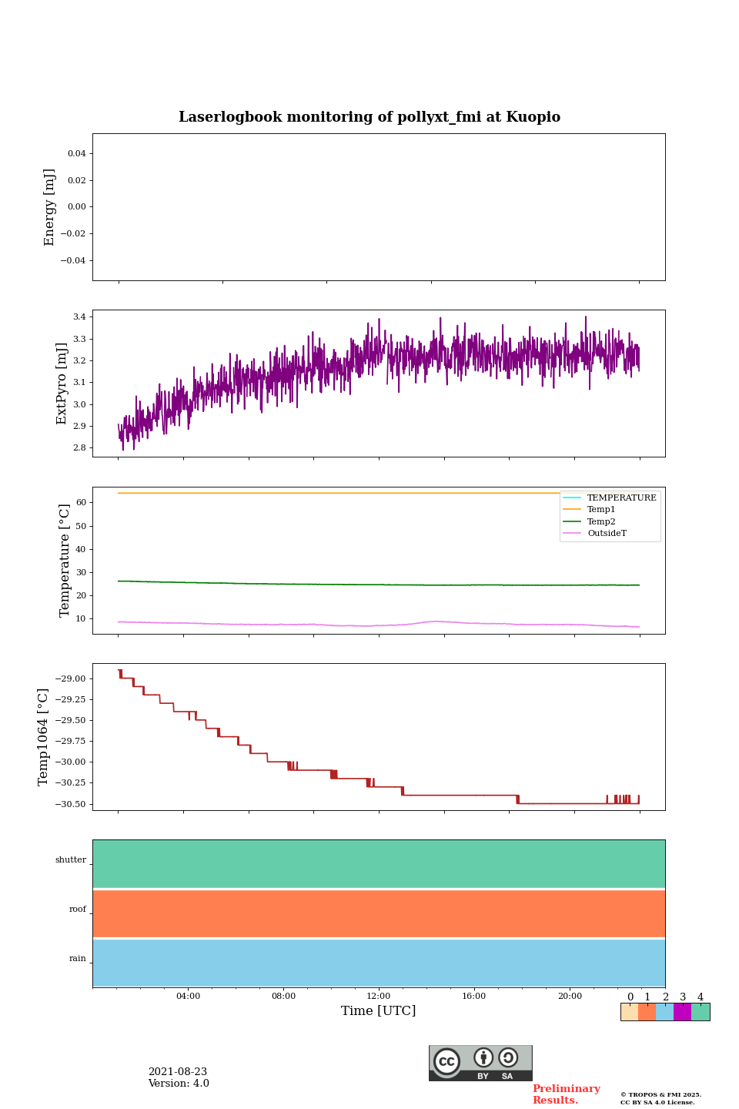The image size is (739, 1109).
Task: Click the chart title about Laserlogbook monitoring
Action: (x=369, y=117)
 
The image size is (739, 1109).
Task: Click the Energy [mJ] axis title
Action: (x=50, y=207)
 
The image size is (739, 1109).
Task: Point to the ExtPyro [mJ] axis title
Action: (x=62, y=384)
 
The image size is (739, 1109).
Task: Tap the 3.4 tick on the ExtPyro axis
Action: (x=79, y=317)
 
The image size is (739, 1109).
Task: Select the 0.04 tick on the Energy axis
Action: (x=76, y=154)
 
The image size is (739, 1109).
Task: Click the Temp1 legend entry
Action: (x=601, y=510)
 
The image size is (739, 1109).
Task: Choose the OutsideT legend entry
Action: (x=607, y=534)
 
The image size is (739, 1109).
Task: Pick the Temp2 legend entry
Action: (x=601, y=522)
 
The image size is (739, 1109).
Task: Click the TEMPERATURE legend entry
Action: (x=621, y=498)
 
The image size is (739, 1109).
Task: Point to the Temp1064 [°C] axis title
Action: (x=44, y=737)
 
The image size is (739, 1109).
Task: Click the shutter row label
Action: (x=71, y=860)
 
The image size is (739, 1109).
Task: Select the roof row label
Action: (x=78, y=910)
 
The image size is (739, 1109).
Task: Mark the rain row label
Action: (x=78, y=959)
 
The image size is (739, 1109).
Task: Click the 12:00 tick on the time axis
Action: (x=379, y=997)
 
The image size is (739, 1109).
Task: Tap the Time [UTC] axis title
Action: (x=379, y=1011)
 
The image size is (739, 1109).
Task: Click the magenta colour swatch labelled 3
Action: (x=682, y=1012)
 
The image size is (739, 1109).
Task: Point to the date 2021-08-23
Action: (x=178, y=1072)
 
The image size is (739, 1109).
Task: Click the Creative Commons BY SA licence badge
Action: (x=480, y=1063)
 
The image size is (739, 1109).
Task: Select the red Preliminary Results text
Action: (x=566, y=1094)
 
